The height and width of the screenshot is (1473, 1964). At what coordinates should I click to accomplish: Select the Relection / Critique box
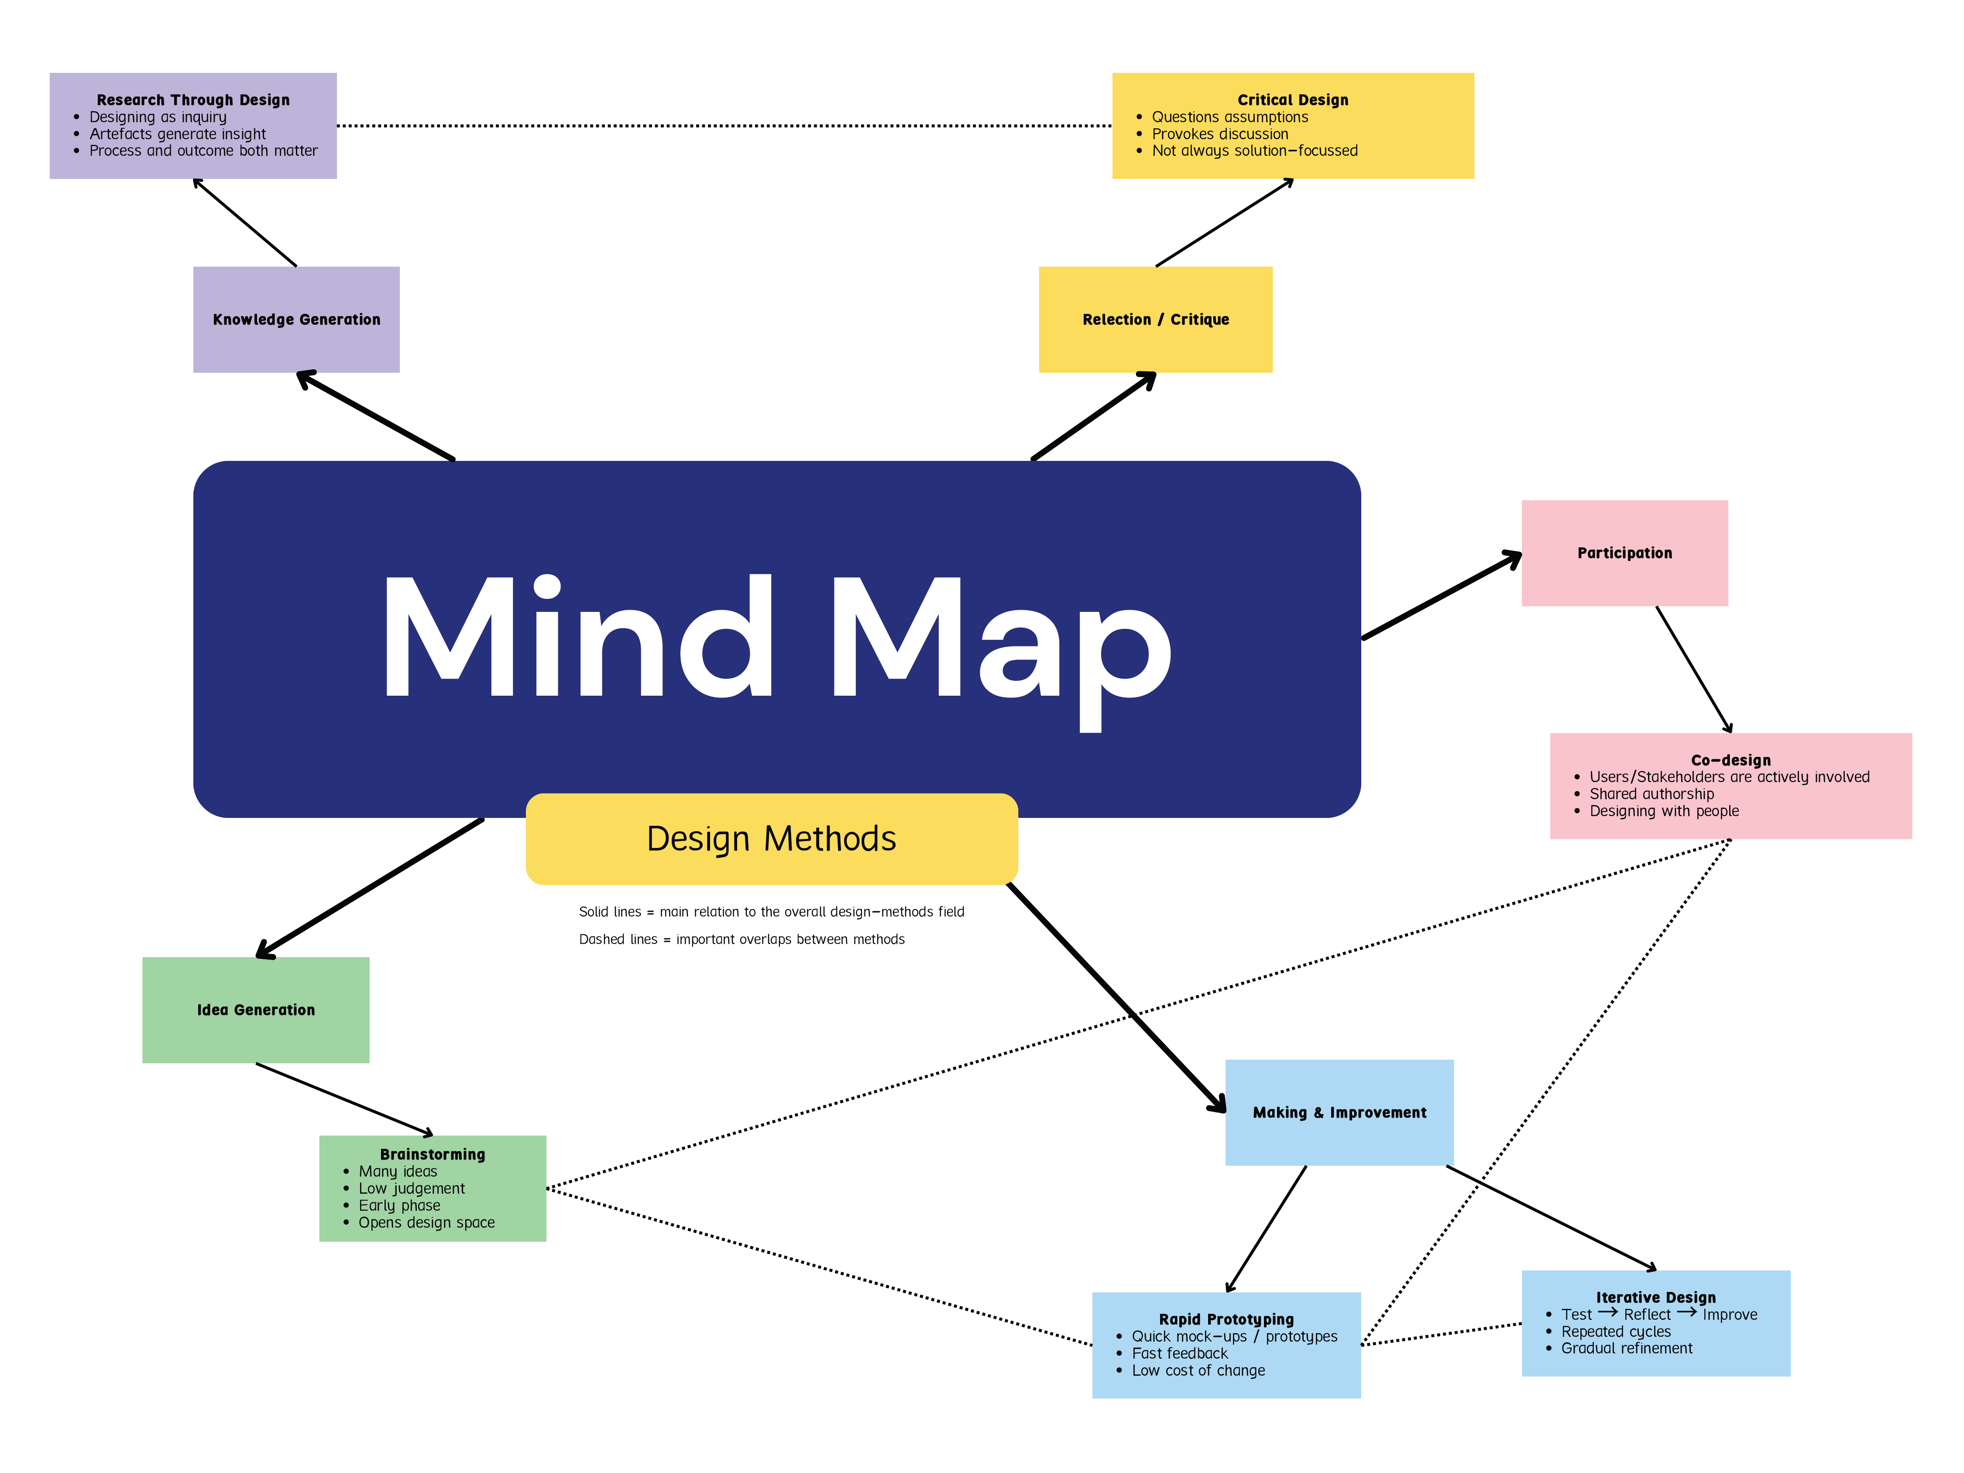[1155, 319]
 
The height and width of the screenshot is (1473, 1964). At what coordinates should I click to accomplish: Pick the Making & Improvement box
[1339, 1112]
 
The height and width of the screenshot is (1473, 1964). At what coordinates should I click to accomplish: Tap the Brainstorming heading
[433, 1154]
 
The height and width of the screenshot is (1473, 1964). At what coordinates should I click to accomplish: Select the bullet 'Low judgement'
[411, 1188]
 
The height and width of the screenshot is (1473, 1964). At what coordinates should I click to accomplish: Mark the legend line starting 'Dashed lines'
[742, 939]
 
